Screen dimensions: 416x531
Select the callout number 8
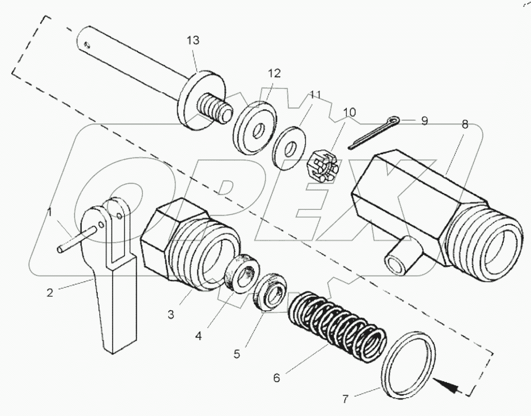465,124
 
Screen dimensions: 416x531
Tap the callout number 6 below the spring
276,377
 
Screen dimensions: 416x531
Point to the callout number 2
50,292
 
